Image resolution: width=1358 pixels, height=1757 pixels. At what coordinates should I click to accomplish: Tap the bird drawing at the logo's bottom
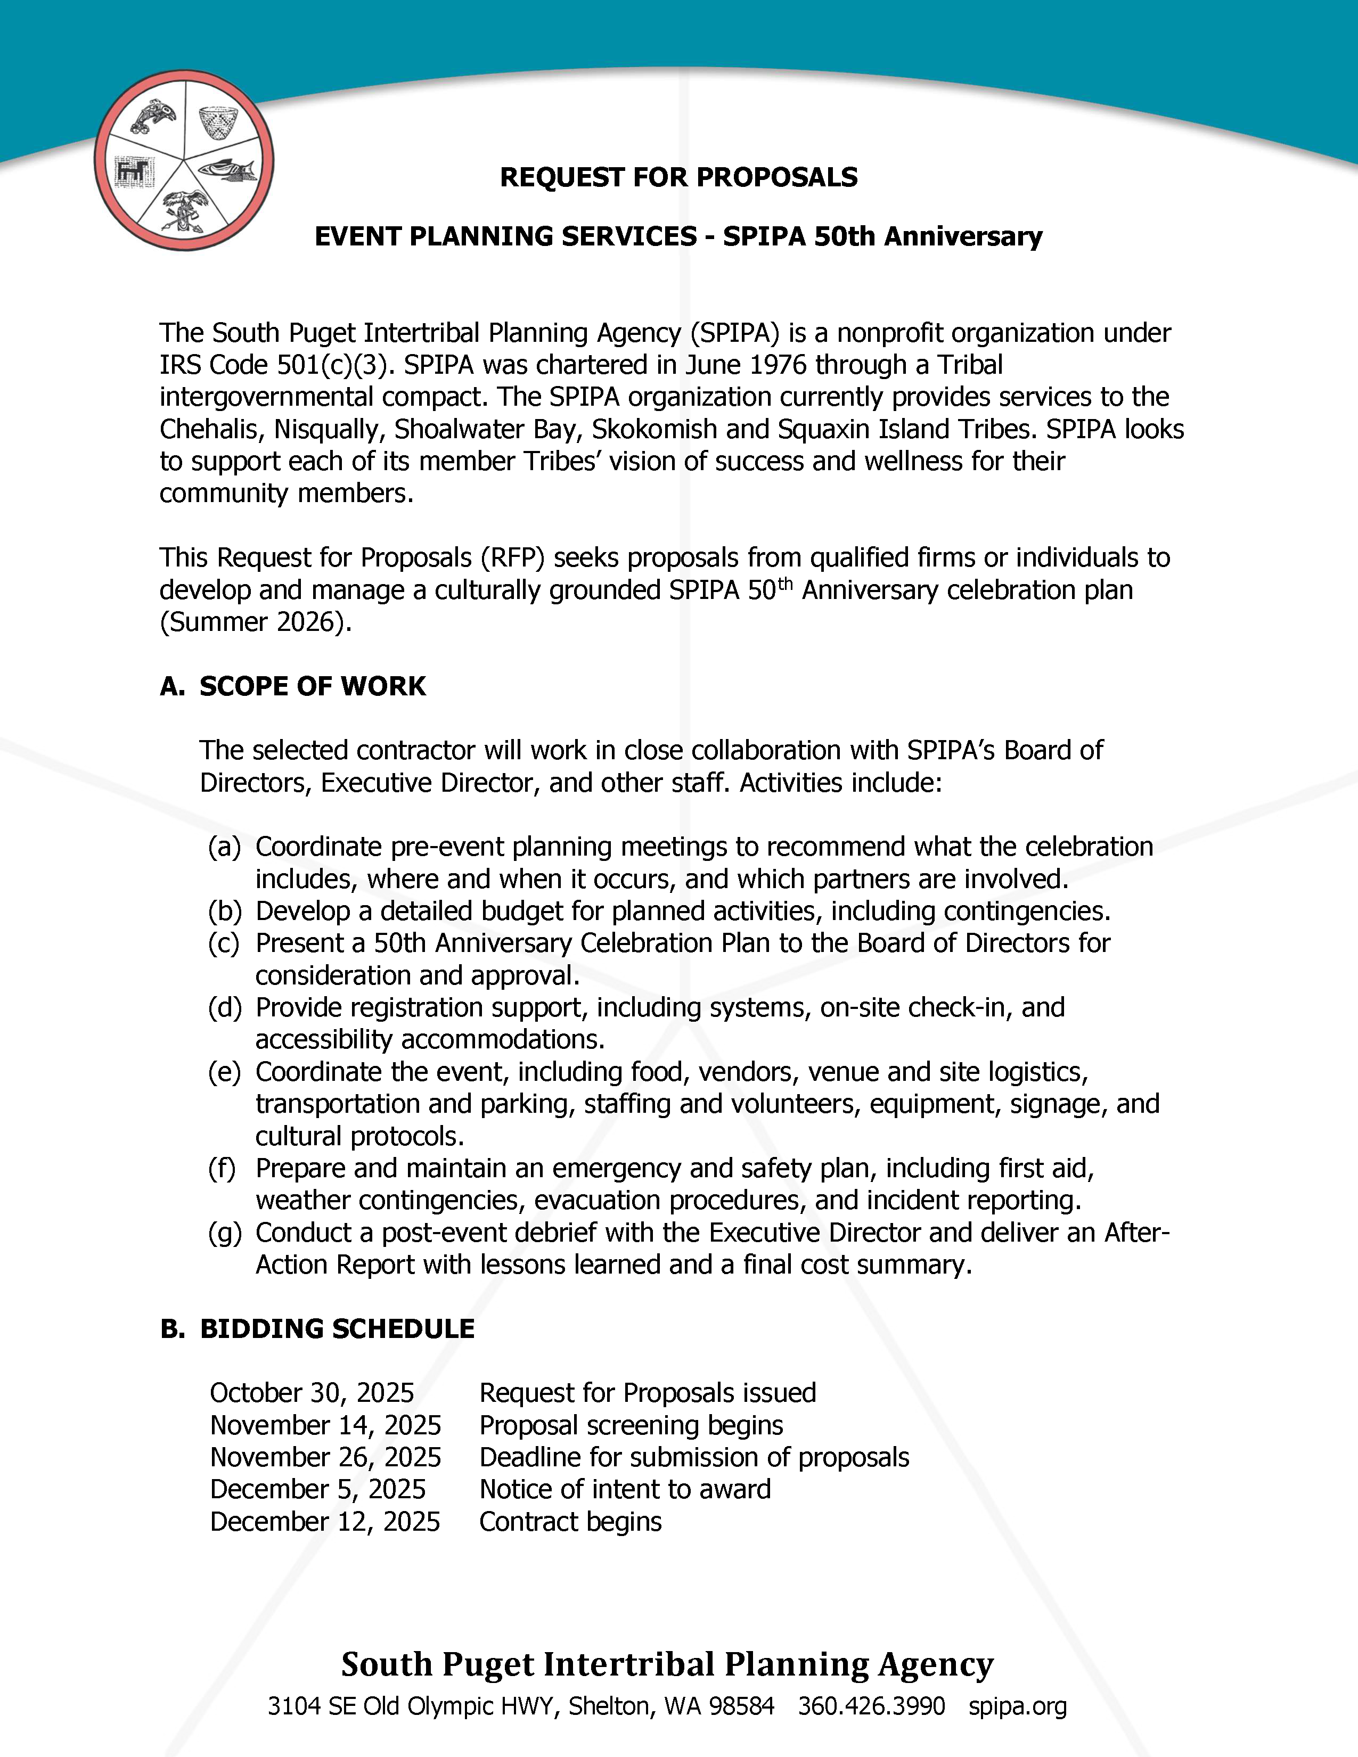pyautogui.click(x=185, y=211)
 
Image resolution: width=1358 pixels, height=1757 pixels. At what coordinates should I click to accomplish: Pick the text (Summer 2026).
pyautogui.click(x=256, y=622)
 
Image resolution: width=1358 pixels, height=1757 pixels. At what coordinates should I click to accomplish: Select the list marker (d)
pyautogui.click(x=224, y=1007)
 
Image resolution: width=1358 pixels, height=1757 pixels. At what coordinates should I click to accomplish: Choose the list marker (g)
pyautogui.click(x=224, y=1233)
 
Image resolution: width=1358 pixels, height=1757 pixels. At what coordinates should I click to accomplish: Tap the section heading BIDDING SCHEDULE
pyautogui.click(x=337, y=1329)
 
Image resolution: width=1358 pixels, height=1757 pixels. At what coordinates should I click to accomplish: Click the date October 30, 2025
pyautogui.click(x=312, y=1393)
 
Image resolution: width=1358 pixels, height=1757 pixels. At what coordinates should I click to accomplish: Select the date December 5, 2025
pyautogui.click(x=318, y=1489)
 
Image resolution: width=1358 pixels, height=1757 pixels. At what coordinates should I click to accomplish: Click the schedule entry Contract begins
pyautogui.click(x=570, y=1521)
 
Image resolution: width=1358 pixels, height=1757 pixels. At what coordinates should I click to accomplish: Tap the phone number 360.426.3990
pyautogui.click(x=871, y=1706)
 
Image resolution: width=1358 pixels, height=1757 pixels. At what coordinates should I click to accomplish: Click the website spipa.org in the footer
pyautogui.click(x=1018, y=1706)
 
